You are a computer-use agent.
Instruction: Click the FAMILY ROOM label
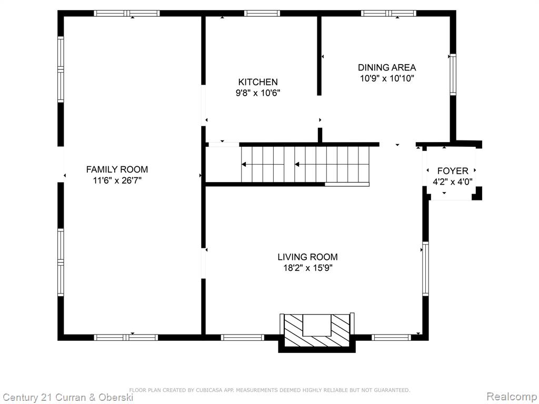pyautogui.click(x=117, y=169)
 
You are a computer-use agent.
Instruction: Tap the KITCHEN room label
pyautogui.click(x=258, y=82)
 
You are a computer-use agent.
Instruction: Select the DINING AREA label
pyautogui.click(x=387, y=67)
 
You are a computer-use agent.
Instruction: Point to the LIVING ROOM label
pyautogui.click(x=307, y=257)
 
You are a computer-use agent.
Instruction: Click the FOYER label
pyautogui.click(x=453, y=171)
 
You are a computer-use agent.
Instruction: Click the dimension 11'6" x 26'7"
pyautogui.click(x=117, y=180)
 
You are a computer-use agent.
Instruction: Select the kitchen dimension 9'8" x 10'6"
pyautogui.click(x=258, y=93)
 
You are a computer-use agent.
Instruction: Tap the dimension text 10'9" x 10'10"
pyautogui.click(x=387, y=78)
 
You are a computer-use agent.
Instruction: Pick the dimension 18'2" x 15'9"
pyautogui.click(x=307, y=268)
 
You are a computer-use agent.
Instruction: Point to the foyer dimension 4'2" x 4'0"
pyautogui.click(x=452, y=181)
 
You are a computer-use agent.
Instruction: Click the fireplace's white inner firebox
pyautogui.click(x=316, y=325)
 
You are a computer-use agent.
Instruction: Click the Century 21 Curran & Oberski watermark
pyautogui.click(x=68, y=398)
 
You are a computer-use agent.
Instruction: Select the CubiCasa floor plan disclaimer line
pyautogui.click(x=269, y=390)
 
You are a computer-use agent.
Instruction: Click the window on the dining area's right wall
pyautogui.click(x=453, y=75)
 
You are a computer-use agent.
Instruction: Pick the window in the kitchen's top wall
pyautogui.click(x=262, y=13)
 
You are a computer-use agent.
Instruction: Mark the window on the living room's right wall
pyautogui.click(x=425, y=269)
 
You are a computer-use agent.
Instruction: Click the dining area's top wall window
pyautogui.click(x=388, y=13)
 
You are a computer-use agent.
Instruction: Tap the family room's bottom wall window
pyautogui.click(x=126, y=337)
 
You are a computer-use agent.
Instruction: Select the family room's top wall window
pyautogui.click(x=127, y=13)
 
